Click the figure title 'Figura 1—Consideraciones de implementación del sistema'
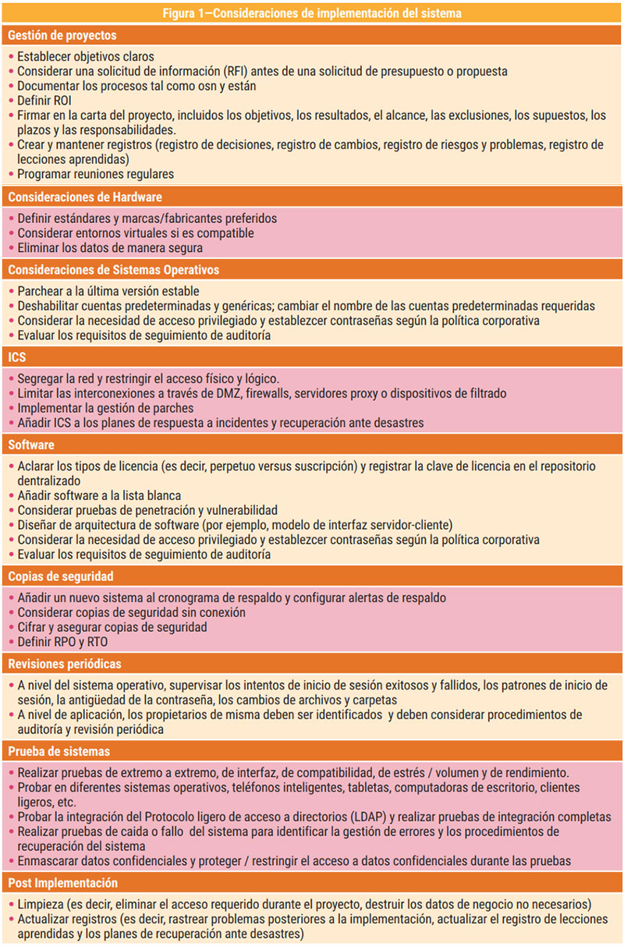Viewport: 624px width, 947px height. [x=312, y=13]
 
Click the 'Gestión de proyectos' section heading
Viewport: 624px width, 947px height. [x=62, y=36]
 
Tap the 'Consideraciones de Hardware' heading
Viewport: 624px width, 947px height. [x=85, y=197]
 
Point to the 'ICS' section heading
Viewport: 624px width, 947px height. [x=17, y=357]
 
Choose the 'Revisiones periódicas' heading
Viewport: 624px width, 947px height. [x=65, y=664]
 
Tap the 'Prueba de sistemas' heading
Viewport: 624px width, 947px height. [x=59, y=751]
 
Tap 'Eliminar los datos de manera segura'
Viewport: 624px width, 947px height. [x=108, y=247]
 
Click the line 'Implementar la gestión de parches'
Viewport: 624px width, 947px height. [x=105, y=408]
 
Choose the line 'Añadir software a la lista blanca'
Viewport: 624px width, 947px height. [x=99, y=495]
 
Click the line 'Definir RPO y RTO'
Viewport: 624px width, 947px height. [x=63, y=642]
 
